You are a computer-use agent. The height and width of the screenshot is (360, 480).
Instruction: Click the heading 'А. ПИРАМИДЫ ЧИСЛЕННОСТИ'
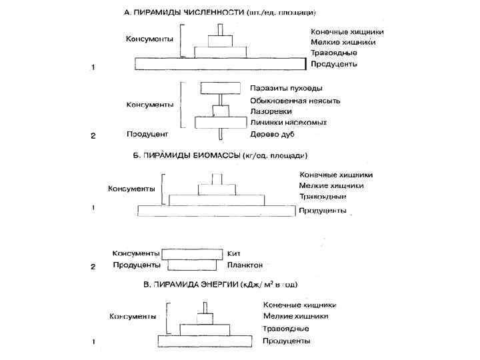point(184,13)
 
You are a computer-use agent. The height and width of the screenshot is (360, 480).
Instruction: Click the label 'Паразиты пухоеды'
point(286,88)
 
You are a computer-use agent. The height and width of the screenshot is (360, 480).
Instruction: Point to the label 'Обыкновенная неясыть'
point(295,100)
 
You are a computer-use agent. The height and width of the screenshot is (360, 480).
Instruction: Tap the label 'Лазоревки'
point(268,111)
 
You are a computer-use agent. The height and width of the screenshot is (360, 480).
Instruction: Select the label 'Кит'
point(233,253)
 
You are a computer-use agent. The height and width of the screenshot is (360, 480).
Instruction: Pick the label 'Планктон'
point(245,265)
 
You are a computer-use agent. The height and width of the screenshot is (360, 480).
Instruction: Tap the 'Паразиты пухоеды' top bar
point(220,88)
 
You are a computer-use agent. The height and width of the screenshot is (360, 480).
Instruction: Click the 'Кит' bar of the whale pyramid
point(193,253)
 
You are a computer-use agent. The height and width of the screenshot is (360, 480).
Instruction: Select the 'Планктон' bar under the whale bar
point(193,265)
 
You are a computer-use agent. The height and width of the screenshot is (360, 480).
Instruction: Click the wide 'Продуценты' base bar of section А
point(220,64)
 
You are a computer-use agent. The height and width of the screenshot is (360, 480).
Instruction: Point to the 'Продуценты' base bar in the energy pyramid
point(203,341)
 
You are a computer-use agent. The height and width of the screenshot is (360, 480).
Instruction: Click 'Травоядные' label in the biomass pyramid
point(322,197)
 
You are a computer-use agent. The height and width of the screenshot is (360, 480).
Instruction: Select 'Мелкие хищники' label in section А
point(343,42)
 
